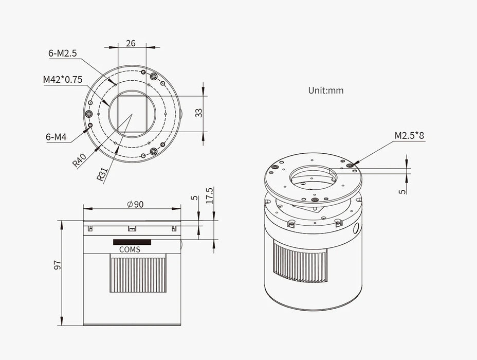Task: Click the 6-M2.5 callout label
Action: (x=63, y=52)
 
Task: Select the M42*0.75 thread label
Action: (x=64, y=80)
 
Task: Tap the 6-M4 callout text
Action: (x=56, y=137)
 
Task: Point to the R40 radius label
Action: (x=78, y=161)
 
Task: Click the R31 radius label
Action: (x=102, y=174)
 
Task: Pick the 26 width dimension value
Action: (x=131, y=43)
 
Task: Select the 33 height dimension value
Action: (x=198, y=113)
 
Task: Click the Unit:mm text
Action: (x=326, y=91)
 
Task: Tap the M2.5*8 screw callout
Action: (x=410, y=136)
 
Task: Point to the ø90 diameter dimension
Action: (x=135, y=204)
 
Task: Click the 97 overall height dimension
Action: (x=58, y=264)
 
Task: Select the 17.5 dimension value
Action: (x=210, y=196)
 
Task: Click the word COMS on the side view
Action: (x=130, y=249)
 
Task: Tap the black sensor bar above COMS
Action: (x=132, y=242)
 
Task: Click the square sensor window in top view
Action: (x=132, y=113)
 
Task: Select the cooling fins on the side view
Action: (x=138, y=275)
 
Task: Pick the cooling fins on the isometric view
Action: (x=300, y=263)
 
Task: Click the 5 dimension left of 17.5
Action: (x=193, y=197)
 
